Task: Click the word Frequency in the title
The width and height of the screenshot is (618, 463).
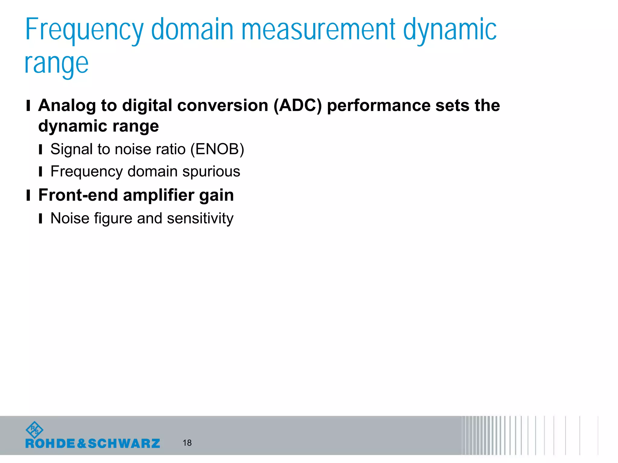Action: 84,30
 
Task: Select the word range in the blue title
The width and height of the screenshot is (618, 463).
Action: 56,64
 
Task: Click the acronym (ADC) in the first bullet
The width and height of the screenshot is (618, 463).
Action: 298,106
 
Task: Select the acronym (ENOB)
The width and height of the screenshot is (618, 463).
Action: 217,149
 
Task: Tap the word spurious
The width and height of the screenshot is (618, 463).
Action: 211,172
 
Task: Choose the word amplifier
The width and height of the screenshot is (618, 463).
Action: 159,195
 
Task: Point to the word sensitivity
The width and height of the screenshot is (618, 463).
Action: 200,219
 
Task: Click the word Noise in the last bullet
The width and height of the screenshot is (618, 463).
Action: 70,218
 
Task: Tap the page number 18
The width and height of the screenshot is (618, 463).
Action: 187,443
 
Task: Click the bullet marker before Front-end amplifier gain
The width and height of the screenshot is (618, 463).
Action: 28,195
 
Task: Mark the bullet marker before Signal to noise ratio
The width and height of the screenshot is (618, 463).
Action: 40,150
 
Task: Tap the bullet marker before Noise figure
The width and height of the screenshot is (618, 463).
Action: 40,219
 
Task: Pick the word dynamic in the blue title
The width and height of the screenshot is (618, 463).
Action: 450,30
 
